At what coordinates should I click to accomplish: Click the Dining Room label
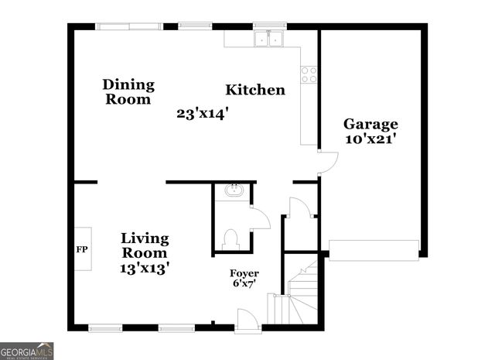click(x=129, y=91)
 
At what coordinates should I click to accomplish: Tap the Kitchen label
click(x=255, y=90)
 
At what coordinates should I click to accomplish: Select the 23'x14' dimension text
click(x=203, y=113)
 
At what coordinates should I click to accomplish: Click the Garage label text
click(x=370, y=124)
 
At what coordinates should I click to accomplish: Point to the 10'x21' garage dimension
click(x=371, y=139)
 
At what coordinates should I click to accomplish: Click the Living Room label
click(x=145, y=245)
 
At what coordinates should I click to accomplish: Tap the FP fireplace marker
click(x=80, y=249)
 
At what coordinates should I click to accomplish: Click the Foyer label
click(x=244, y=274)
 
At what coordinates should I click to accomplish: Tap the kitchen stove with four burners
click(x=309, y=74)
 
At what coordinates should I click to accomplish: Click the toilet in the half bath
click(x=231, y=239)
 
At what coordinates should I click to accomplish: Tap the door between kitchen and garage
click(x=328, y=161)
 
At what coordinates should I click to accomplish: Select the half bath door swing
click(x=259, y=218)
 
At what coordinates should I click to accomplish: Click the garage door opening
click(x=374, y=248)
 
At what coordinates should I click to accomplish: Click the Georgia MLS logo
click(x=27, y=351)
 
